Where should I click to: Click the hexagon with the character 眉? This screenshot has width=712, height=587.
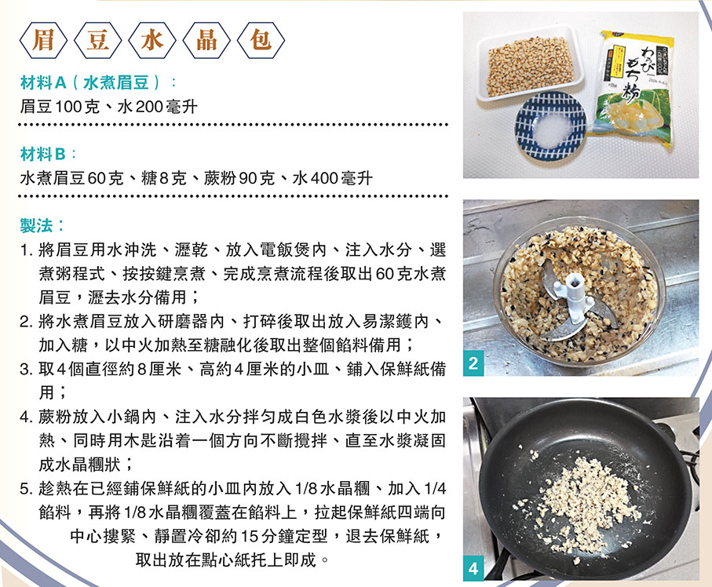43,41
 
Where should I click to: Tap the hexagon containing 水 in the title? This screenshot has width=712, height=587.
152,41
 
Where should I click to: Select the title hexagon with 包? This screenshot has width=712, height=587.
261,41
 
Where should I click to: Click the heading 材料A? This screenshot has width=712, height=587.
43,82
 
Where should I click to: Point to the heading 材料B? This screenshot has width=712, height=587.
43,155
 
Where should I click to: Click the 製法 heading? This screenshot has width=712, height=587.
36,225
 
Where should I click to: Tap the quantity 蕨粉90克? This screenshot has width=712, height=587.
239,178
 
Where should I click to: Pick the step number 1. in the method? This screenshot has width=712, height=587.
27,250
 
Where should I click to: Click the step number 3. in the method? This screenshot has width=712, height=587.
27,369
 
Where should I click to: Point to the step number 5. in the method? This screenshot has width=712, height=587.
27,489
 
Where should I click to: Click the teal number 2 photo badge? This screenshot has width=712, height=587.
473,363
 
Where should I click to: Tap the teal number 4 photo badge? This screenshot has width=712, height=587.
473,568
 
